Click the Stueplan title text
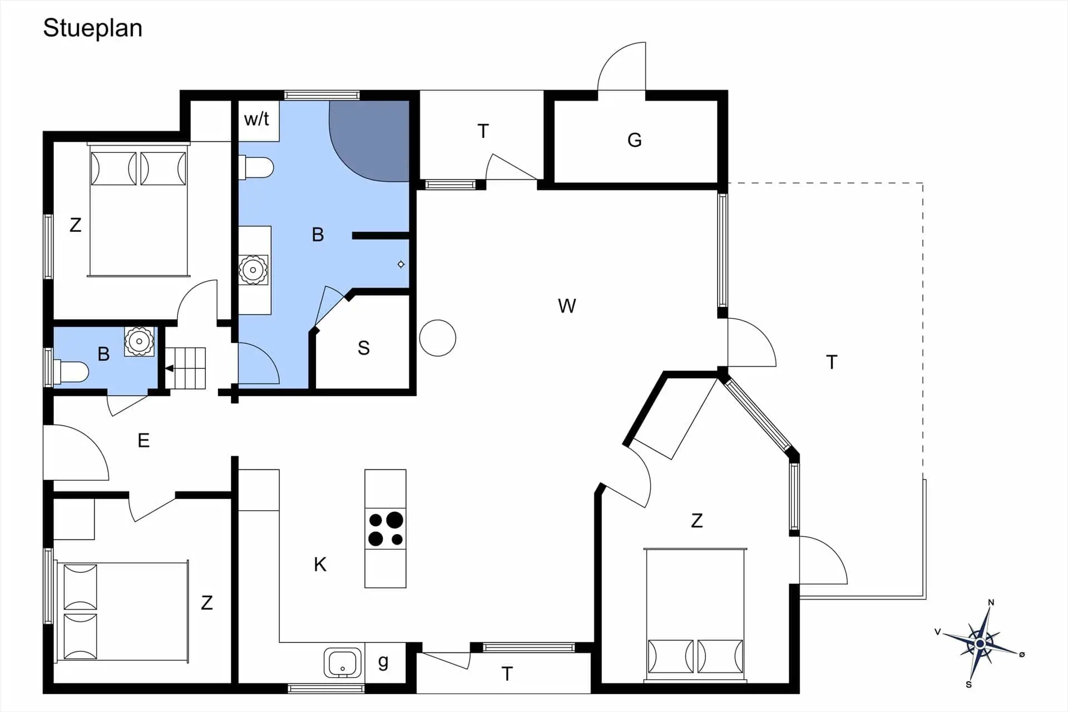(x=92, y=28)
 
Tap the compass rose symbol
(x=980, y=644)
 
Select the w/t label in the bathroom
(x=256, y=118)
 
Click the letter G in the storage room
(x=635, y=140)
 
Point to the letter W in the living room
(x=567, y=306)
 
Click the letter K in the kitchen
(x=320, y=565)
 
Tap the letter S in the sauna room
(x=364, y=348)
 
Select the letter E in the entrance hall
(x=144, y=441)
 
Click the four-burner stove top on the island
(x=385, y=529)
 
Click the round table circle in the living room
(x=438, y=338)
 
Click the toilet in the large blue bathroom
(x=256, y=167)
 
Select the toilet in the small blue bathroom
(x=70, y=372)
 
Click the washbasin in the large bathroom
(x=253, y=270)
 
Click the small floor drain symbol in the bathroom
(x=401, y=264)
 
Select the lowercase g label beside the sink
(x=383, y=662)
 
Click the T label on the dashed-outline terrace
(x=832, y=362)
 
